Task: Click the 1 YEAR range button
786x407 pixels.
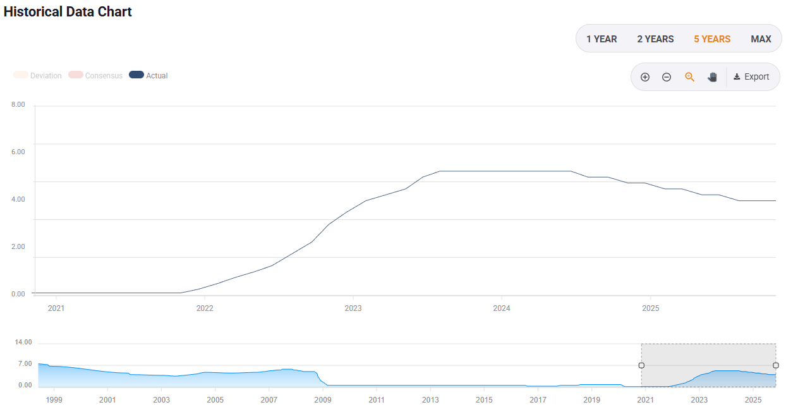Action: coord(602,39)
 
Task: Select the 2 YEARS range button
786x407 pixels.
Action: coord(655,39)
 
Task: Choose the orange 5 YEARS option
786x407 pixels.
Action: coord(712,39)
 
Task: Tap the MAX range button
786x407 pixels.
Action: coord(761,39)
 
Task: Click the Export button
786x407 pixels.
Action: coord(751,77)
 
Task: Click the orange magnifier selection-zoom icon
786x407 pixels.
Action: coord(690,77)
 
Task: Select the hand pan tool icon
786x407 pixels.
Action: coord(712,77)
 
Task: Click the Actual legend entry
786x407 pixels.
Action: coord(148,75)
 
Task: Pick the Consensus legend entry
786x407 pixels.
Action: coord(95,75)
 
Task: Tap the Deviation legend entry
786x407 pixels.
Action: coord(38,75)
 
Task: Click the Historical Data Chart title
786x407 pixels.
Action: coord(68,11)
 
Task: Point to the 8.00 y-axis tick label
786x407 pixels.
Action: coord(18,104)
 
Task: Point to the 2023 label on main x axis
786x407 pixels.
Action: coord(353,308)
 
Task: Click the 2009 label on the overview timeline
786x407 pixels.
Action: coord(323,400)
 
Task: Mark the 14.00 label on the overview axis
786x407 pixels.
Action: coord(23,343)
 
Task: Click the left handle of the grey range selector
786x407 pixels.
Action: coord(641,365)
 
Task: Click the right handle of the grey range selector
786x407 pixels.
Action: coord(776,365)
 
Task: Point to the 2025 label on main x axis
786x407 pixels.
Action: coord(650,308)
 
